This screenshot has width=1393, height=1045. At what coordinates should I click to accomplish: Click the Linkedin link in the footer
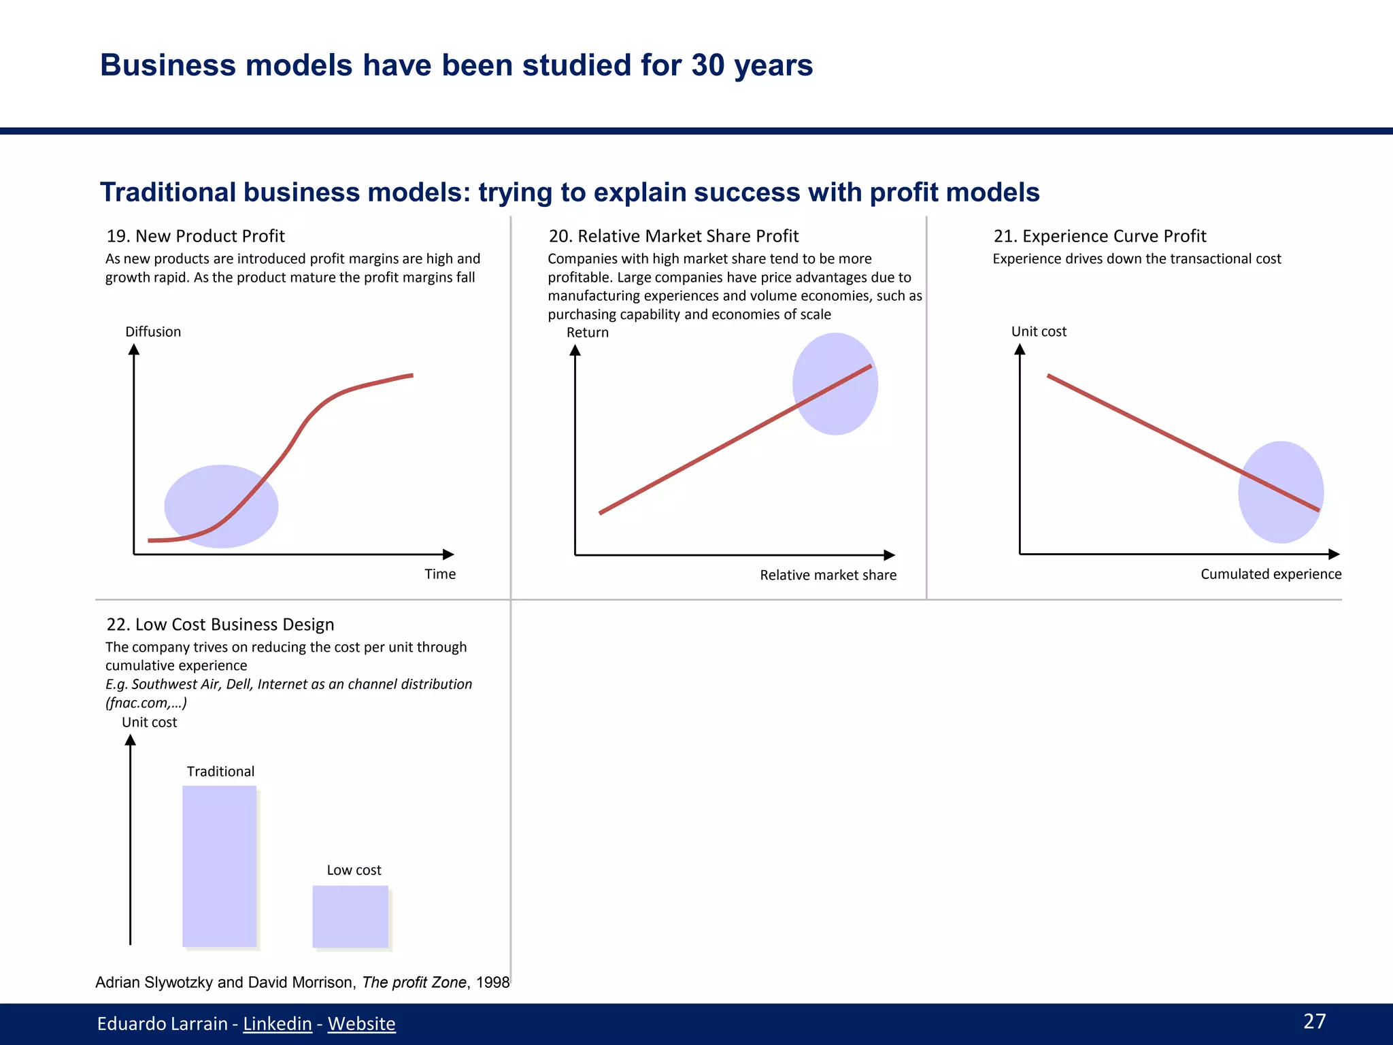277,1023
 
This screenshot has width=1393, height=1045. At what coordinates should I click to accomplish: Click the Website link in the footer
361,1023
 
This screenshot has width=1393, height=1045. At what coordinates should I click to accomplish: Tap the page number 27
1314,1021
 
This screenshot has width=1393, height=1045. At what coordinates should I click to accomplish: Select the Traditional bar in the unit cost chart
219,866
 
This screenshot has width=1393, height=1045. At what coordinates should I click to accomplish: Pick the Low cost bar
350,916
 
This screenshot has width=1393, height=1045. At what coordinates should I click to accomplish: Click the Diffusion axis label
153,331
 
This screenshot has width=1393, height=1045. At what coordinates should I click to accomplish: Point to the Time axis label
440,574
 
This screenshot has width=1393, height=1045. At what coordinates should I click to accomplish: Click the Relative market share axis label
828,575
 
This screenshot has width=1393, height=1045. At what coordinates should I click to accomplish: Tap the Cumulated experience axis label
1271,574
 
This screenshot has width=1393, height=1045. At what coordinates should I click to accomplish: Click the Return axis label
587,332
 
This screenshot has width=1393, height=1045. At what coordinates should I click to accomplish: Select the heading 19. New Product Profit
195,236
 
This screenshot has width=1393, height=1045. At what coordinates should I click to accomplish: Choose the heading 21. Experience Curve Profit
1099,236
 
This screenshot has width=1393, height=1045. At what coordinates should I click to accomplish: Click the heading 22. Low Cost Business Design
220,624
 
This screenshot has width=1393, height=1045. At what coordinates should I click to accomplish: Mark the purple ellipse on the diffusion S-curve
221,506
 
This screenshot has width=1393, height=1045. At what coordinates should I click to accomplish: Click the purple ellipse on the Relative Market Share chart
835,384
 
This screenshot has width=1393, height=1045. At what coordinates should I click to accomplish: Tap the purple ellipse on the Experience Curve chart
1281,492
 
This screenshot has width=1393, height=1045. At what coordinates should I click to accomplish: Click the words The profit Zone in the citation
414,982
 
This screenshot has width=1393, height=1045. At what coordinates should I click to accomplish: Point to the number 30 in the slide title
707,65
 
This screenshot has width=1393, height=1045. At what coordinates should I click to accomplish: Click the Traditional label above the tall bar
220,771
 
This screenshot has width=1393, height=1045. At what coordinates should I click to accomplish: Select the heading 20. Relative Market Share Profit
673,236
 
